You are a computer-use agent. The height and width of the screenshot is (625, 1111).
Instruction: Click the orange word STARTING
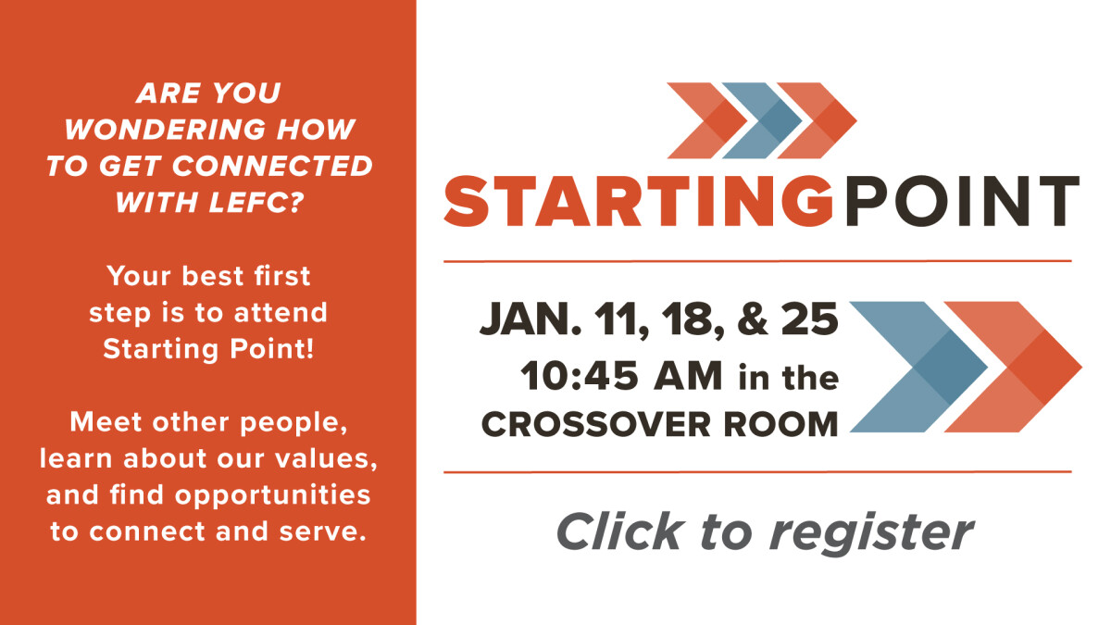tap(639, 201)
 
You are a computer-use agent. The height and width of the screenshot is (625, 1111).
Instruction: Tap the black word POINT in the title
tap(962, 201)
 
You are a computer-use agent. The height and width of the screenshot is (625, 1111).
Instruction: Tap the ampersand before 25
tap(753, 319)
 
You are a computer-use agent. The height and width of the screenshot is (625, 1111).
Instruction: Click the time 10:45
tap(580, 376)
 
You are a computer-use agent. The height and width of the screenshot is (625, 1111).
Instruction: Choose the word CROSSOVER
tap(596, 425)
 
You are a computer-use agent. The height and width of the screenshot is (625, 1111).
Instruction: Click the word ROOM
tap(780, 425)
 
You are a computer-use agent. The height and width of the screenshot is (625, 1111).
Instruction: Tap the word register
tap(872, 533)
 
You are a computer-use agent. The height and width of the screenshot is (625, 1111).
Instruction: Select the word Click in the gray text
tap(620, 531)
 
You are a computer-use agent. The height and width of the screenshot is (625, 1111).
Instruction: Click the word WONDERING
tap(165, 130)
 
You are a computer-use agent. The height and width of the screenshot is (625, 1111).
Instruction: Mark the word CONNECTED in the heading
tap(272, 166)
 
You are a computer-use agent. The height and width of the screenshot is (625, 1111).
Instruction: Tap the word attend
tap(281, 313)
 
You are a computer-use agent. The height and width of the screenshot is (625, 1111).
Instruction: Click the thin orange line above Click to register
tap(757, 472)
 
